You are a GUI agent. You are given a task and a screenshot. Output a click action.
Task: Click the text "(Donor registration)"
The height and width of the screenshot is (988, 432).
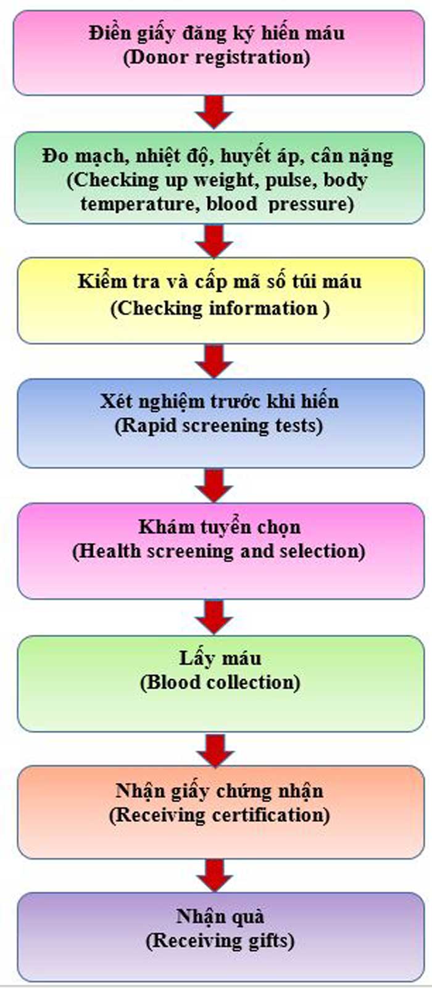(216, 58)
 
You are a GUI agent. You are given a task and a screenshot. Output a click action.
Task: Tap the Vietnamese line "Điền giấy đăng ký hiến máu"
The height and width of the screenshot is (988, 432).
(216, 33)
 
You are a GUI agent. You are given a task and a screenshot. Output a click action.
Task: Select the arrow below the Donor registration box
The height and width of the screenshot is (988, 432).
(214, 112)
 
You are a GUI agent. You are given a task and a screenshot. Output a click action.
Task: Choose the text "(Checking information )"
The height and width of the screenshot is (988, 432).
(220, 309)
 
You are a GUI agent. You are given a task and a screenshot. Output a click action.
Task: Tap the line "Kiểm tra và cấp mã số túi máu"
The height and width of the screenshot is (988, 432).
(220, 282)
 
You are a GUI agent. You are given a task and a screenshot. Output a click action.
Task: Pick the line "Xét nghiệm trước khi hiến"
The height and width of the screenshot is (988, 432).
(219, 402)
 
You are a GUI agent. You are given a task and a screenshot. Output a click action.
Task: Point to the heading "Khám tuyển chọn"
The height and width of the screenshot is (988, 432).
(219, 527)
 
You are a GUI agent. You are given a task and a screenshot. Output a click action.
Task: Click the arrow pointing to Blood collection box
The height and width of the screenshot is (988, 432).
(214, 616)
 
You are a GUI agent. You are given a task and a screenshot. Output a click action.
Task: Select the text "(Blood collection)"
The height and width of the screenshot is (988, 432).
(220, 683)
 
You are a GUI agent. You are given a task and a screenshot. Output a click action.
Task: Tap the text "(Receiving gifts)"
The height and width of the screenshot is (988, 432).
(220, 941)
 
